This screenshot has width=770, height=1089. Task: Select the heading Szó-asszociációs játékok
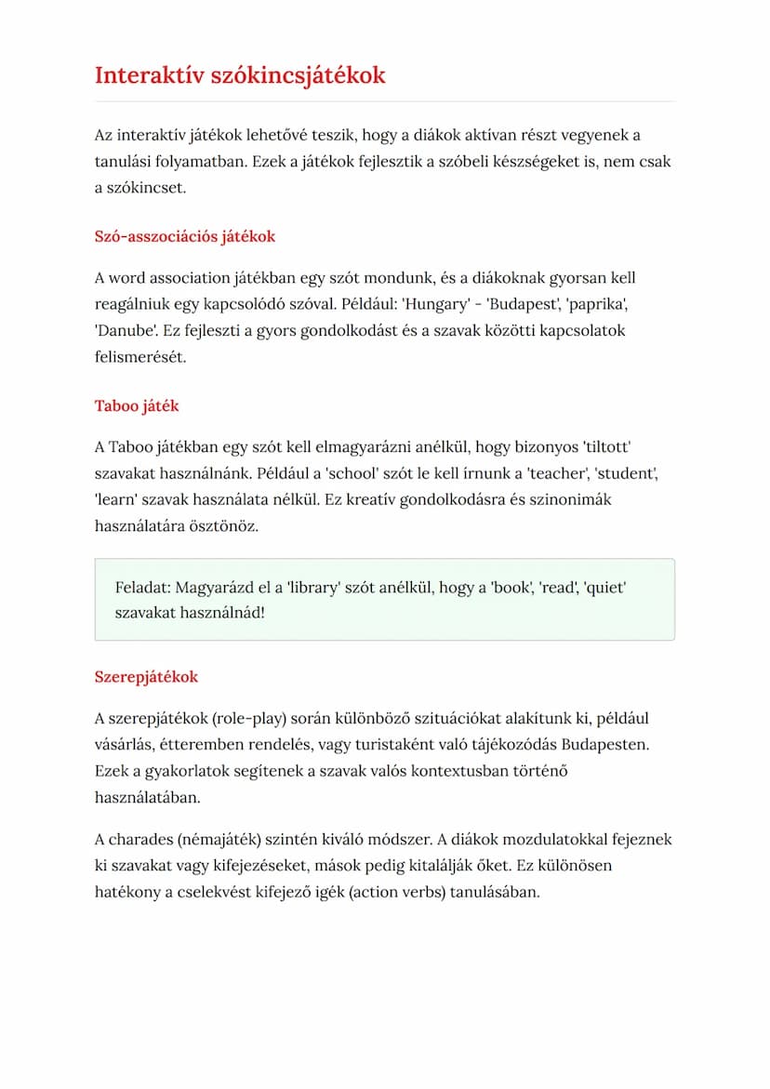[185, 236]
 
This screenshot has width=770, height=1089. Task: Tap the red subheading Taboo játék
[137, 405]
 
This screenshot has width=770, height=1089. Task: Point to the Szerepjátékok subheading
[146, 676]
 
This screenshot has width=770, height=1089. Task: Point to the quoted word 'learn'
[118, 499]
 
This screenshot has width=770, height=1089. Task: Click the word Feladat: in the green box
[143, 588]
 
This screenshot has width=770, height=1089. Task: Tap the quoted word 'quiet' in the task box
[604, 588]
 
